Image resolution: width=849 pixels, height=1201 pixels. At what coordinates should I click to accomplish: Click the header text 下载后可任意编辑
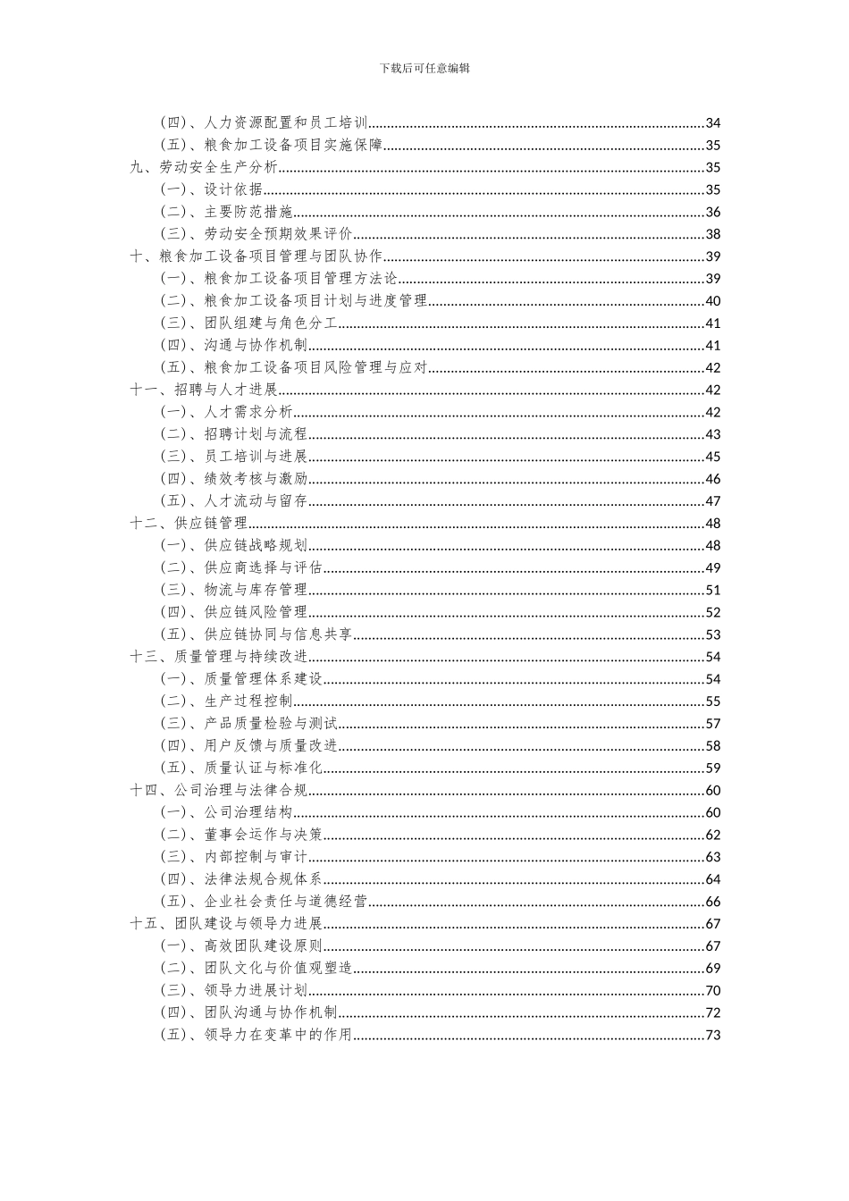tap(424, 68)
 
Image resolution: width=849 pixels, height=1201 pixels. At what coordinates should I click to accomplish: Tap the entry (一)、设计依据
tap(212, 189)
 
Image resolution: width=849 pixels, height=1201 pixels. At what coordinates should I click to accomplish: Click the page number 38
tap(712, 234)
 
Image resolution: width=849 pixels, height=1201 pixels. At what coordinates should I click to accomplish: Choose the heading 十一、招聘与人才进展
tap(204, 390)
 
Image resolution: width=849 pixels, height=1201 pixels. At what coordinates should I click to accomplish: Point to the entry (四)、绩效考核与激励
tap(234, 479)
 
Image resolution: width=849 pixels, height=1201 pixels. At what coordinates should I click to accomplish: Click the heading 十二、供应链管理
tap(189, 524)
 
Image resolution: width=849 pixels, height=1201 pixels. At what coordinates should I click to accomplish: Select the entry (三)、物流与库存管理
tap(234, 590)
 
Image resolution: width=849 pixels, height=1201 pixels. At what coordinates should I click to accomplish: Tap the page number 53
tap(712, 634)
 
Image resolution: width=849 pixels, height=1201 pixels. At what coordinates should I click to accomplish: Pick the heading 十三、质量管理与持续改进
tap(219, 657)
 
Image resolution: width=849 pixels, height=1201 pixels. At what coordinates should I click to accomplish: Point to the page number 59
tap(712, 768)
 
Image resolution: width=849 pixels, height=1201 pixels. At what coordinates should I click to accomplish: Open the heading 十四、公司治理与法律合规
tap(219, 790)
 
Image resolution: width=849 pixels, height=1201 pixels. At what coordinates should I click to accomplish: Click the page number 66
tap(712, 902)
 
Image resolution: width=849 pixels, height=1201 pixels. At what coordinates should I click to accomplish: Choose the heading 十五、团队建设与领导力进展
tap(226, 924)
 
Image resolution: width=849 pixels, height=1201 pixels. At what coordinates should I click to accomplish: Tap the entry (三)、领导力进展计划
tap(234, 990)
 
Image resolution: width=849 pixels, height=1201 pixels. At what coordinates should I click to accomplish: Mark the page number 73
tap(712, 1035)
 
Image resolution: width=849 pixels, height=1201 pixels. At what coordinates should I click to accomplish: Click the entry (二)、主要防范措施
tap(227, 212)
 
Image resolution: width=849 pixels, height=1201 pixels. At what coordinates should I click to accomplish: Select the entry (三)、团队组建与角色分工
tap(249, 323)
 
